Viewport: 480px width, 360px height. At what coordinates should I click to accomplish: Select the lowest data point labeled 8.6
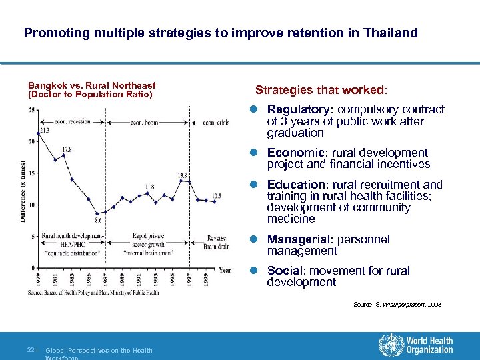click(97, 213)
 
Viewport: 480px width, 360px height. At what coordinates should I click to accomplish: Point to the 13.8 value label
click(181, 175)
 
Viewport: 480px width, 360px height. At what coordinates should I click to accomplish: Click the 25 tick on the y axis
click(33, 110)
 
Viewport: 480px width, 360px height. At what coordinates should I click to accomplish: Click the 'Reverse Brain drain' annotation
click(217, 241)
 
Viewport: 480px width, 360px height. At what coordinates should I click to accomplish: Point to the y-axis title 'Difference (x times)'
click(23, 191)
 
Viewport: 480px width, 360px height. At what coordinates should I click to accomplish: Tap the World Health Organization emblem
click(387, 345)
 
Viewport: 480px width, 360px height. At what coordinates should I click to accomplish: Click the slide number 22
click(31, 350)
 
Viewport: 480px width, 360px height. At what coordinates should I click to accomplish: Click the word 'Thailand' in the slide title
click(390, 32)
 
